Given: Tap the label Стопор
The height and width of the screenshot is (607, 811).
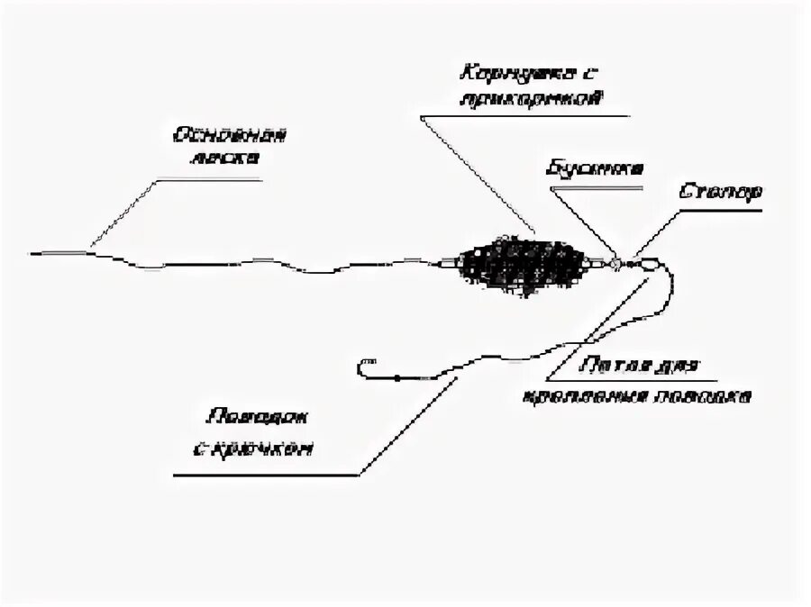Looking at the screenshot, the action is tap(718, 192).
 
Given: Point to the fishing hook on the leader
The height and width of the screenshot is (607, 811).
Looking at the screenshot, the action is tap(365, 368).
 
